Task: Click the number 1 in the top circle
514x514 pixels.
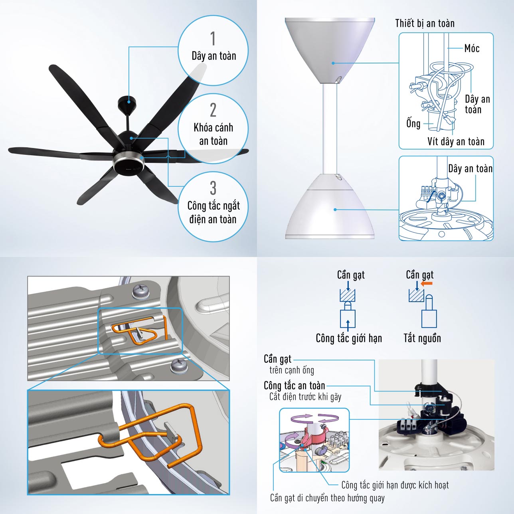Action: [213, 39]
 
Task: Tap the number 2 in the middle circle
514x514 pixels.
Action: [213, 110]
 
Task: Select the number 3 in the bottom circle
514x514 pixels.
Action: [213, 188]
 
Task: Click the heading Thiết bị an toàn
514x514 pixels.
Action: [425, 23]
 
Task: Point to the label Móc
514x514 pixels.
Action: [472, 48]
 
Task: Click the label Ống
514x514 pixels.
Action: [413, 123]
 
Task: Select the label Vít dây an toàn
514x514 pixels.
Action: [456, 141]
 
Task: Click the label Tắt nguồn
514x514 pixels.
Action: [422, 338]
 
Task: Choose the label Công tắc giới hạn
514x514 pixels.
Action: [349, 338]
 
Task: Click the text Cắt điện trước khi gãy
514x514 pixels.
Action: [305, 397]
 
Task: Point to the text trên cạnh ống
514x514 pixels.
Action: [292, 370]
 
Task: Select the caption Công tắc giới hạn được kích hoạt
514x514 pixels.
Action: [395, 485]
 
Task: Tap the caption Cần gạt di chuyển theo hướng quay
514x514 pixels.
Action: [327, 498]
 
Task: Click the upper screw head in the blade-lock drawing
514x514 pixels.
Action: [140, 292]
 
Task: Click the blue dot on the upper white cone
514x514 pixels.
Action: [333, 63]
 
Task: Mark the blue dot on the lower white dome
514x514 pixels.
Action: [335, 210]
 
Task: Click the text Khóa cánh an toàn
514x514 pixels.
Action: [213, 134]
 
